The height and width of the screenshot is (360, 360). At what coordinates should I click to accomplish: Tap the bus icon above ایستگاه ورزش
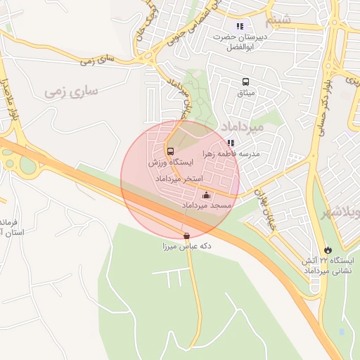point(170,150)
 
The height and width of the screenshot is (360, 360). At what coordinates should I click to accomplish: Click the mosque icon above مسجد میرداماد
point(206,195)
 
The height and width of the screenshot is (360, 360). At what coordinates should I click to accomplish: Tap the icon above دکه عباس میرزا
point(186,236)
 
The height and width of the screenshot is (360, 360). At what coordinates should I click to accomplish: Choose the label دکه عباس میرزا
point(186,247)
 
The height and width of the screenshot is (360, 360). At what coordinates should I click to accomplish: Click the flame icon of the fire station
point(328,250)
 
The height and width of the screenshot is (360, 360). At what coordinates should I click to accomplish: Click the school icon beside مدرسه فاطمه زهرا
point(231,143)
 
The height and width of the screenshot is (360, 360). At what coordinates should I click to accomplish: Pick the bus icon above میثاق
point(245,82)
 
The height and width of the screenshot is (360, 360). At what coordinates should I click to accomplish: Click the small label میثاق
point(247,93)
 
